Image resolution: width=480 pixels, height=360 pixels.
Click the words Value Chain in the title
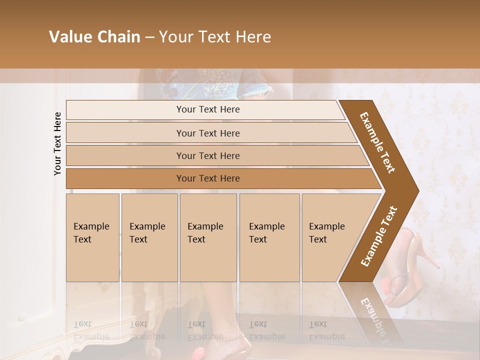pos(94,37)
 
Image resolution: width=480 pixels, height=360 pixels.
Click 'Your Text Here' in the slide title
pos(215,37)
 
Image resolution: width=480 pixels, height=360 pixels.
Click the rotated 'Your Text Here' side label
pos(58,143)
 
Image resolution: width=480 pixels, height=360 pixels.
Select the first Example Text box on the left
pos(92,237)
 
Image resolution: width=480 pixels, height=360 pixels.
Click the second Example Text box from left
pos(149,237)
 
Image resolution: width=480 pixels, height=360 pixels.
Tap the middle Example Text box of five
pos(208,237)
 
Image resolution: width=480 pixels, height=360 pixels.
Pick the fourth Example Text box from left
pos(269,237)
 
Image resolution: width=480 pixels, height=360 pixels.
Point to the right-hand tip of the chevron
pos(416,190)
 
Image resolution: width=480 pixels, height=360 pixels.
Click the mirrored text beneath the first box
pos(90,330)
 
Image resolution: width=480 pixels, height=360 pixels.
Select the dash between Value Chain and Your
pos(149,37)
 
